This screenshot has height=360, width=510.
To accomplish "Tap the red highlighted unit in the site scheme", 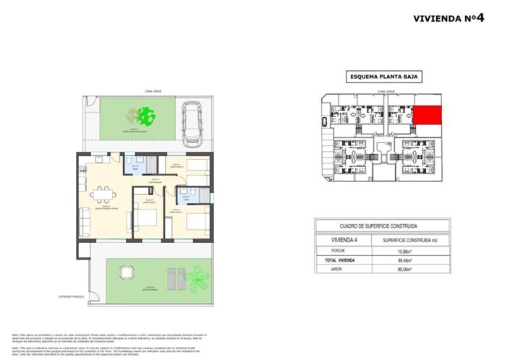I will coord(427,115).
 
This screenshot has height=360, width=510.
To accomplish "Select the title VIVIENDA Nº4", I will coord(449,19).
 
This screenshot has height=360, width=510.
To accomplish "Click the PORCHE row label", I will coord(329,251).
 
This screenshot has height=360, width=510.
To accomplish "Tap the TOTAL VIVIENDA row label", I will coord(334,260).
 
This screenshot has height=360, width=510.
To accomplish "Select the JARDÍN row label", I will coord(328,270).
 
